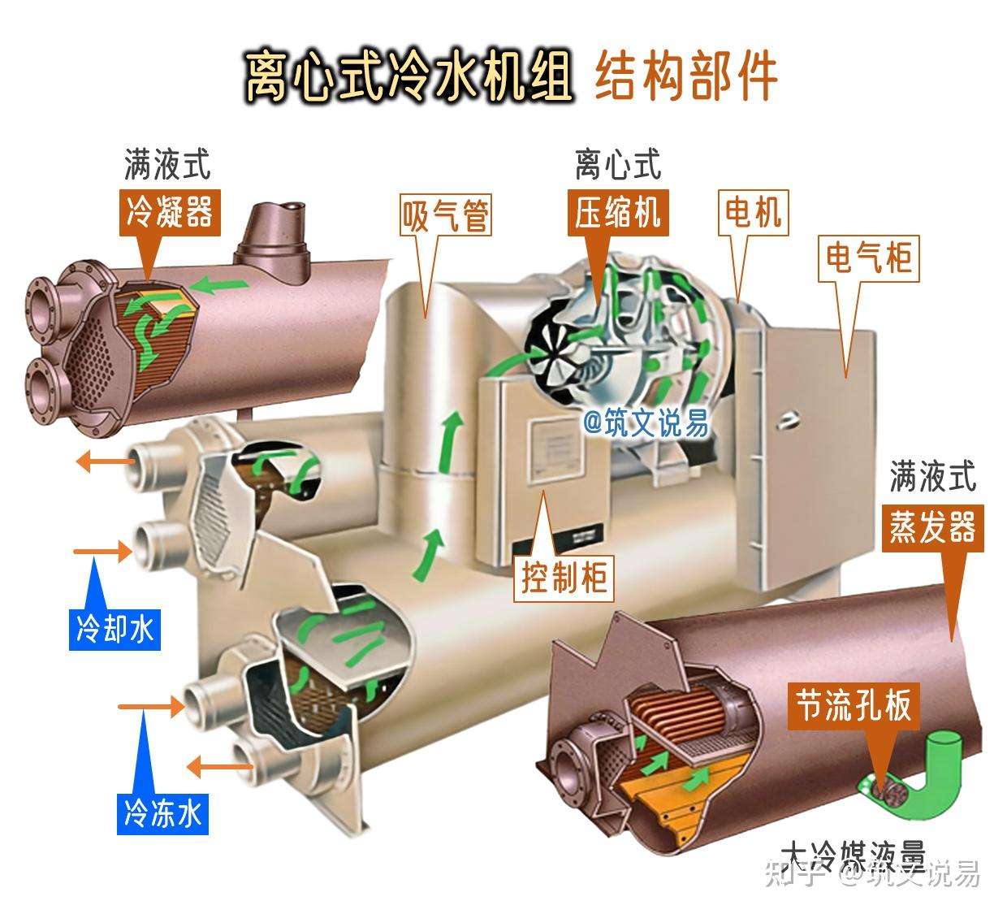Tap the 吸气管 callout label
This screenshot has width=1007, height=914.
[x=446, y=215]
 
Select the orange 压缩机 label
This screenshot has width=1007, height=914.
[x=617, y=213]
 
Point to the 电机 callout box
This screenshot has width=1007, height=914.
[x=753, y=212]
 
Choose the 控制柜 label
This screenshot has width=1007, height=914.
[x=564, y=578]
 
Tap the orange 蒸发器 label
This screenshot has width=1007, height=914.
[x=932, y=528]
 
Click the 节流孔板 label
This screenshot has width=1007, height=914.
[x=854, y=704]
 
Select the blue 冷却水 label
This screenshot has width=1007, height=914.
[x=114, y=628]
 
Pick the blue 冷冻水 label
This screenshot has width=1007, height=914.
[x=162, y=812]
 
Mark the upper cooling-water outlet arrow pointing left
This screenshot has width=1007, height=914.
[x=105, y=462]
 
